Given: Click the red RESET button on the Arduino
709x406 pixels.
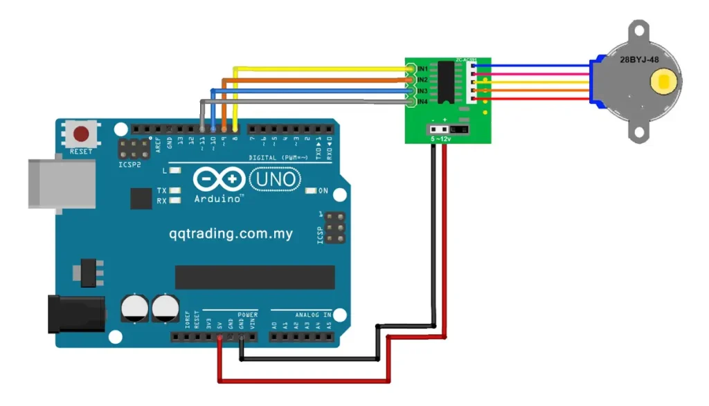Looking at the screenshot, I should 82,133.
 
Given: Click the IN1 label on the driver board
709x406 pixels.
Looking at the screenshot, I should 422,70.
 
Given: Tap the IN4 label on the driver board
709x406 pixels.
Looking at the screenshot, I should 422,102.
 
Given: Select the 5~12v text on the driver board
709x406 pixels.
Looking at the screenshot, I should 440,140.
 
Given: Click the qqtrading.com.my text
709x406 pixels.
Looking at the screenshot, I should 231,234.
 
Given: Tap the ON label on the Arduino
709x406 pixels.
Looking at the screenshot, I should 323,190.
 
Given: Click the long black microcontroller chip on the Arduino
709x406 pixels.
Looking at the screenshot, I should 254,277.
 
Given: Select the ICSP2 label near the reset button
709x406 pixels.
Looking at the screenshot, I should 129,165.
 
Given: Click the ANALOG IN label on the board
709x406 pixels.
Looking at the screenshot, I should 312,315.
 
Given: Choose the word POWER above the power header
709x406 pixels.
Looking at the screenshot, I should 247,315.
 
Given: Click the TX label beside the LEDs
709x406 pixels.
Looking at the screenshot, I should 161,190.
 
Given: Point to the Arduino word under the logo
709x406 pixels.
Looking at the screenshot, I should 218,199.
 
